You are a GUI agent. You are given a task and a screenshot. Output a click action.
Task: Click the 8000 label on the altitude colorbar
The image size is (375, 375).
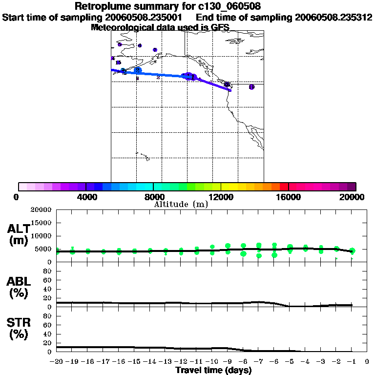(x=153, y=197)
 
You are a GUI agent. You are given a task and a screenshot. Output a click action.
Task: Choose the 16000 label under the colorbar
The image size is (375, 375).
(x=289, y=197)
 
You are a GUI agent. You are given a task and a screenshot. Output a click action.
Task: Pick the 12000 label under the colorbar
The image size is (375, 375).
(x=221, y=197)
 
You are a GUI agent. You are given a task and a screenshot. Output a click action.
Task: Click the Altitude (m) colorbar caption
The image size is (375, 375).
(x=181, y=204)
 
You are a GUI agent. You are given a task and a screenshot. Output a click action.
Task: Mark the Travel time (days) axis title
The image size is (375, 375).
(x=213, y=371)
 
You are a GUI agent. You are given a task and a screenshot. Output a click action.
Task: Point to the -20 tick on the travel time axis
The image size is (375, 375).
(x=57, y=362)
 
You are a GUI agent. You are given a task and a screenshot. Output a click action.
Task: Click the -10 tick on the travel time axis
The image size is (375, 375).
(x=212, y=362)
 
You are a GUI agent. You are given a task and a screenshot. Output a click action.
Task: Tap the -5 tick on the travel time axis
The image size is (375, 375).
(x=290, y=362)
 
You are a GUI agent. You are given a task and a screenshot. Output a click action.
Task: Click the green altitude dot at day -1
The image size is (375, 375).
(x=352, y=250)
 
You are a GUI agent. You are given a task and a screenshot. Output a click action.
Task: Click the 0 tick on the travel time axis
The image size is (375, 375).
(x=367, y=362)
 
